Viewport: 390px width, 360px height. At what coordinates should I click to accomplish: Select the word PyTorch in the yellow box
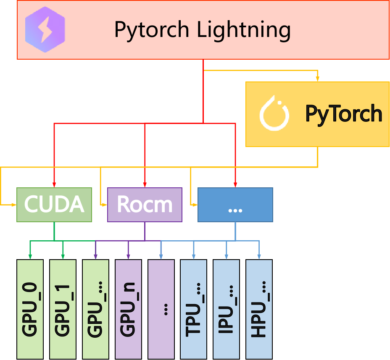343,114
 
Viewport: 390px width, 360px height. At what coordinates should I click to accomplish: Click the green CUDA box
54,205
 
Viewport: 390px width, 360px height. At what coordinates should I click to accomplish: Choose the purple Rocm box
145,205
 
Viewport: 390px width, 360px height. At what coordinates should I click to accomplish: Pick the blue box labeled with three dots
235,205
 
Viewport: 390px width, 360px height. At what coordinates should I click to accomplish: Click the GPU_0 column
30,309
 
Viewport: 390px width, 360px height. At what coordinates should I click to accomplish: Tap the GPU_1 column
63,309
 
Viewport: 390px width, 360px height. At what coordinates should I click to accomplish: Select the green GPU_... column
95,309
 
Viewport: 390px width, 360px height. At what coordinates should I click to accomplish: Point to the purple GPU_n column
128,309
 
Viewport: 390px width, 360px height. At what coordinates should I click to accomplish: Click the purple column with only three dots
161,309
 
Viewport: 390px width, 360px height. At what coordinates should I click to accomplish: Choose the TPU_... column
193,309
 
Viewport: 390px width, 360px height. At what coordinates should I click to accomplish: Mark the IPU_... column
226,309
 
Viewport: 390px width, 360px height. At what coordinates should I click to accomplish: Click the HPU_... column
259,309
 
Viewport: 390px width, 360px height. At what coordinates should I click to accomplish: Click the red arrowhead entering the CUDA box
54,184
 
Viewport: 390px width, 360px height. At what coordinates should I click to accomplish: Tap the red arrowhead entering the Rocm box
145,184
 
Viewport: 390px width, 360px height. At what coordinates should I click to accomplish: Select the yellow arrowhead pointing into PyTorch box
318,79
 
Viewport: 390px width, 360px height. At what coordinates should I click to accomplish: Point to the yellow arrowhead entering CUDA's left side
13,205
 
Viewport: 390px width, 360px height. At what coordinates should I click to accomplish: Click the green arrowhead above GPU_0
30,256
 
